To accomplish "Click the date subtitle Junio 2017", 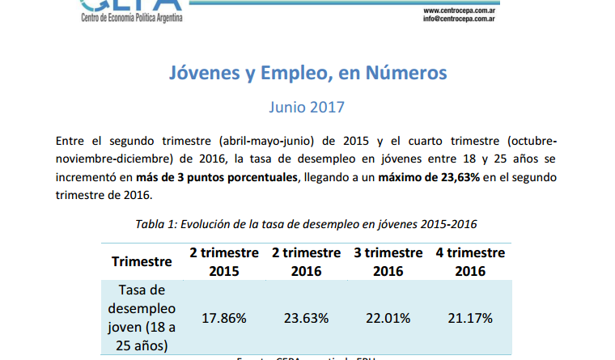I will [x=307, y=107].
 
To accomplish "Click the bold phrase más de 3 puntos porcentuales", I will [x=218, y=178].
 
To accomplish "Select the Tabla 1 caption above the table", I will [x=307, y=224].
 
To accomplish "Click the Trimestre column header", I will [x=142, y=261].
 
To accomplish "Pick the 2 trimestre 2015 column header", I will [x=224, y=261].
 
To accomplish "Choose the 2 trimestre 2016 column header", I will [x=306, y=261].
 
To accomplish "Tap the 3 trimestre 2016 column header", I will [x=388, y=261].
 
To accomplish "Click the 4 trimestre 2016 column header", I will [x=470, y=261].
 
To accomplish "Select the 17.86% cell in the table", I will [x=224, y=318].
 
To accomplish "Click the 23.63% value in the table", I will [x=306, y=318].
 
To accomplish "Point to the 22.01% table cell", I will [x=388, y=318].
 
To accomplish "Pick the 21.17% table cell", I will [x=470, y=318].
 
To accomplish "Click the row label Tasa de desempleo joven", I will [x=142, y=318].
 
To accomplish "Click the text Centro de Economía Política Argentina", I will [x=133, y=19].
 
